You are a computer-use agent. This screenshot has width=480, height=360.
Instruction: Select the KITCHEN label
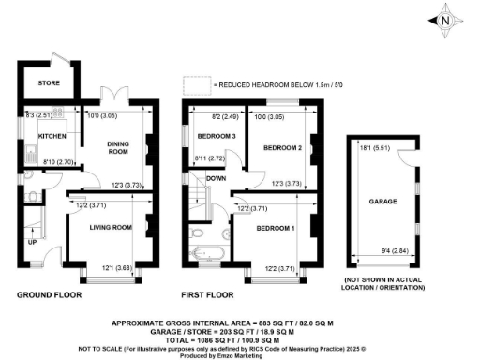tap(51, 136)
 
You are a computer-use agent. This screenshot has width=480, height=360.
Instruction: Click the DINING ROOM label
tap(117, 145)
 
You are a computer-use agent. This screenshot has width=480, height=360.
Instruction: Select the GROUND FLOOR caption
tap(49, 294)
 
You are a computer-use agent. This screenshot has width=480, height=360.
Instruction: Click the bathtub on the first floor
tap(204, 252)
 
